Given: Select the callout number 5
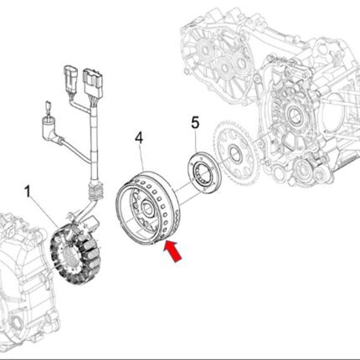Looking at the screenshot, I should pyautogui.click(x=195, y=123).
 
